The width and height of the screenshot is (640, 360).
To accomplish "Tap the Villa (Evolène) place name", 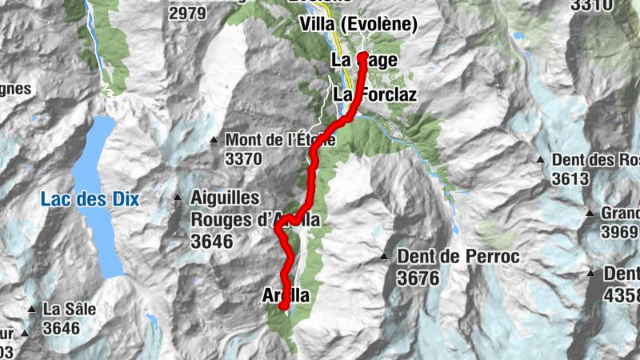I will click(x=358, y=26).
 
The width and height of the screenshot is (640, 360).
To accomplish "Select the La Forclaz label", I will click(x=364, y=94).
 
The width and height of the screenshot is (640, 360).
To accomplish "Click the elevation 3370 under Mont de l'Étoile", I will click(x=243, y=159).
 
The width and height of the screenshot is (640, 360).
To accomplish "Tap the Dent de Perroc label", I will click(x=458, y=258).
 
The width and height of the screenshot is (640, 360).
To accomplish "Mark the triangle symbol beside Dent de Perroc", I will click(x=384, y=257).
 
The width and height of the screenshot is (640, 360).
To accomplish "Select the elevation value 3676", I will click(x=416, y=278).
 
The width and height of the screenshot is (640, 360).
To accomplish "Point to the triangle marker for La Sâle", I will click(x=32, y=309).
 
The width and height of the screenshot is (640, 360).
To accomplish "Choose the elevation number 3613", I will click(x=570, y=178).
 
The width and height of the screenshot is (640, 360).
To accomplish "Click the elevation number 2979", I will click(x=187, y=13).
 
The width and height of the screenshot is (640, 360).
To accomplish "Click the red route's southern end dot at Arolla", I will click(x=283, y=305).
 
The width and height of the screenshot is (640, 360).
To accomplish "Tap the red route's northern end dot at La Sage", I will click(x=362, y=57).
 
